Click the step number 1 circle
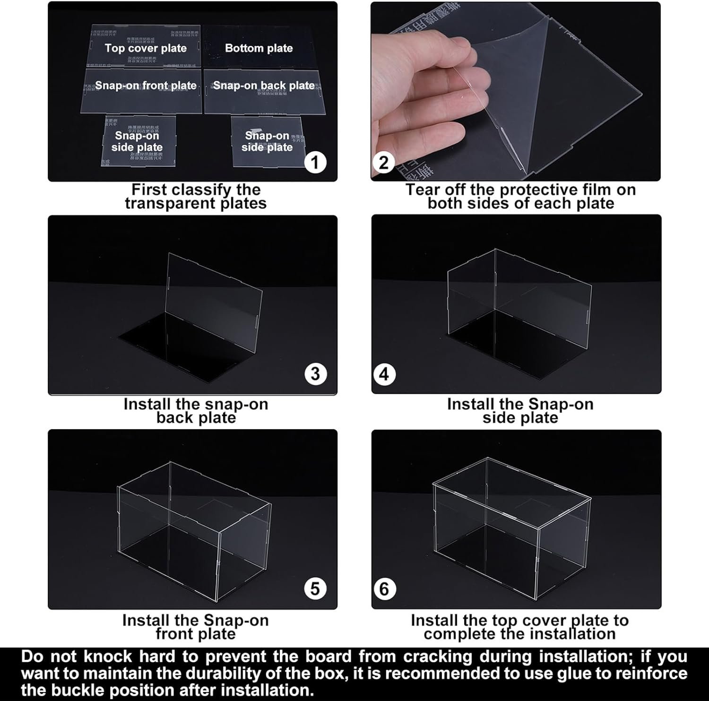[x=315, y=163]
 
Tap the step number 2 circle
[x=384, y=163]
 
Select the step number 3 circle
[x=315, y=374]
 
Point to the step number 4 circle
[x=384, y=374]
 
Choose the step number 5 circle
[x=315, y=589]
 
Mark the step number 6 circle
[x=384, y=589]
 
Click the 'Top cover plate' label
[x=146, y=48]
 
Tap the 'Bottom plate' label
[x=259, y=48]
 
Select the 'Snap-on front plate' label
[x=146, y=86]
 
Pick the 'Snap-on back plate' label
[x=263, y=86]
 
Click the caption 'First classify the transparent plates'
[x=196, y=197]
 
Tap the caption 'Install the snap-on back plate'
[x=196, y=411]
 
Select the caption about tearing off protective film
[x=520, y=197]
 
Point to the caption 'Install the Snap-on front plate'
[x=196, y=627]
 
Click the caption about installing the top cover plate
[x=519, y=627]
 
